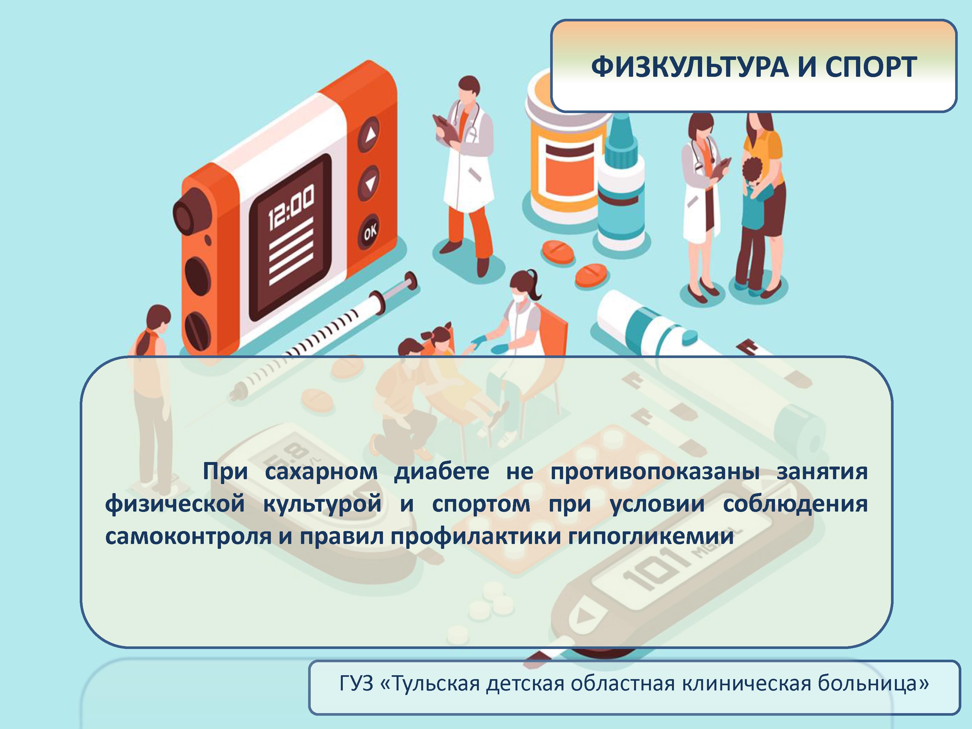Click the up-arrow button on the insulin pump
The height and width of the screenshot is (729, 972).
click(370, 135)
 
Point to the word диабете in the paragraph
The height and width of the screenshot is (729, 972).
click(441, 471)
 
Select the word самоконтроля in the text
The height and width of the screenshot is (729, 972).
click(188, 537)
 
